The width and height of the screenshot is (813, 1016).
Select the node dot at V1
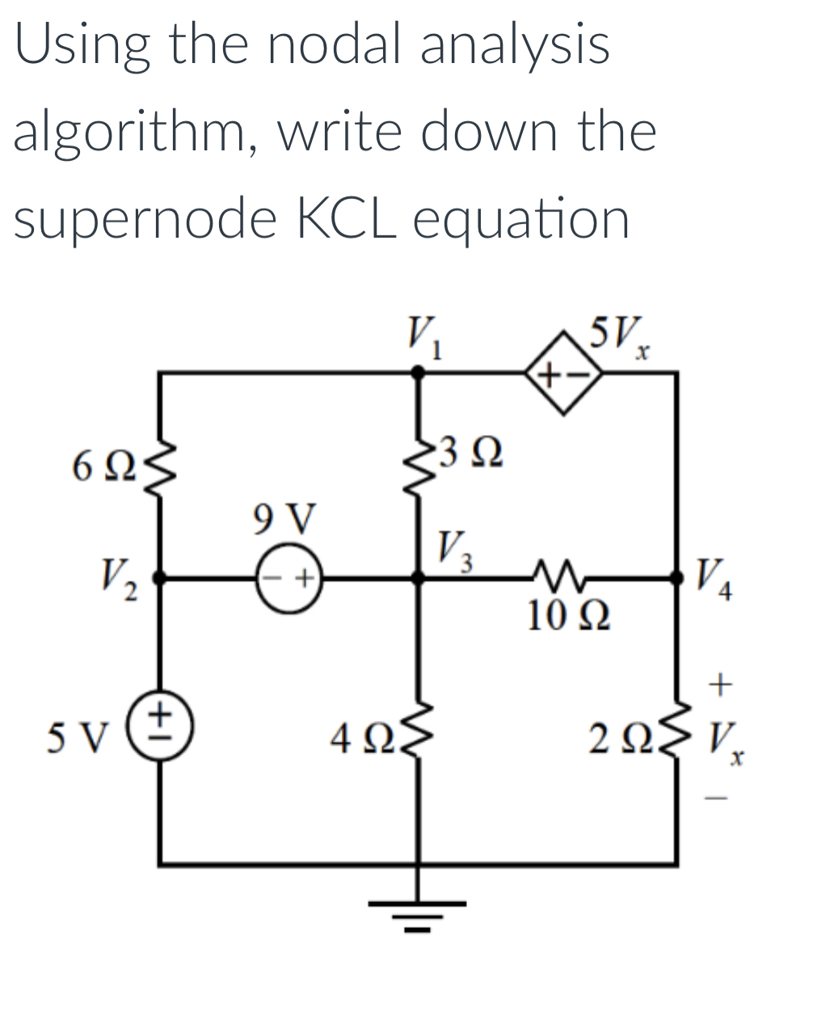click(419, 373)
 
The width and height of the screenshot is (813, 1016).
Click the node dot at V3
click(419, 578)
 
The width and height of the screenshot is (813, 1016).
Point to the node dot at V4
click(676, 578)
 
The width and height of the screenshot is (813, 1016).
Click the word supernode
click(142, 218)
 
